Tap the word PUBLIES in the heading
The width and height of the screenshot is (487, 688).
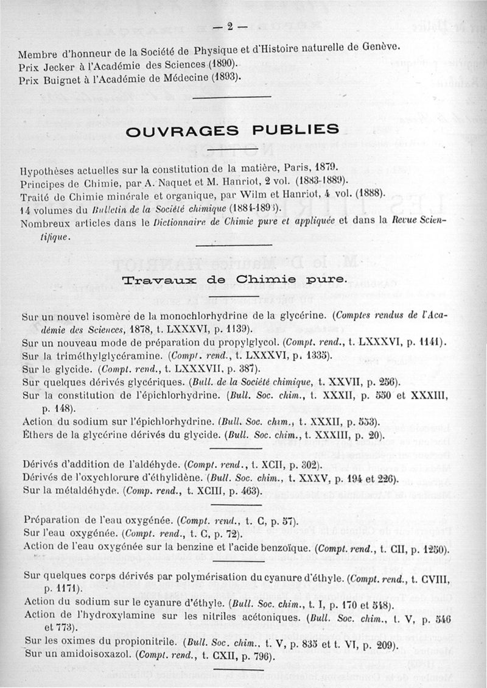[x=299, y=129]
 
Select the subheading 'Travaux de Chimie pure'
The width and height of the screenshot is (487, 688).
[x=235, y=280]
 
